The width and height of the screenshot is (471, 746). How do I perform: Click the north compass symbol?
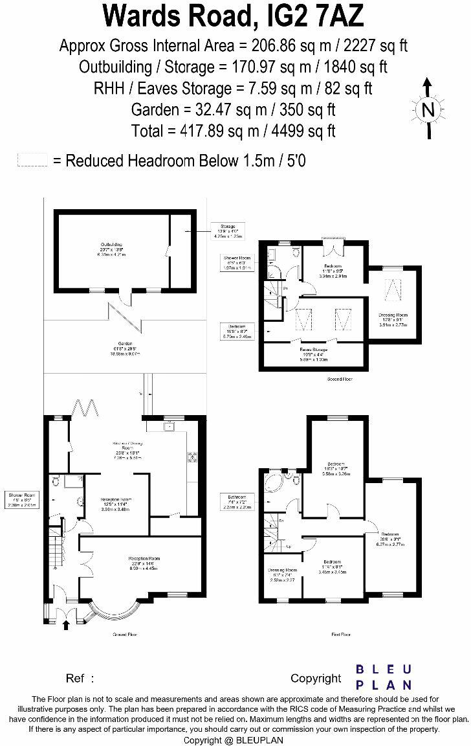tap(427, 109)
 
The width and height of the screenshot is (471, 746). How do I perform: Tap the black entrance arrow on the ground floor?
tap(66, 624)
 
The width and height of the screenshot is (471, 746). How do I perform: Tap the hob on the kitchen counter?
tap(192, 457)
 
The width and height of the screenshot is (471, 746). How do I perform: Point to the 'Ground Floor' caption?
tap(124, 635)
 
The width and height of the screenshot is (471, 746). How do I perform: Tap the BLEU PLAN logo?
tap(384, 677)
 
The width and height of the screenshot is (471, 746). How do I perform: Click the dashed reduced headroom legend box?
tap(32, 161)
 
